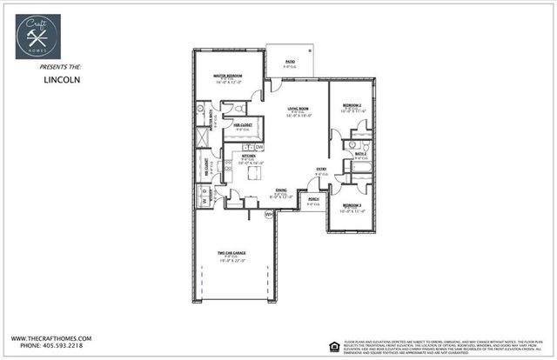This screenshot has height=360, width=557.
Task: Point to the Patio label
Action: click(289, 63)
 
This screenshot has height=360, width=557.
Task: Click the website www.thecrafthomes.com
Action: click(50, 338)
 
